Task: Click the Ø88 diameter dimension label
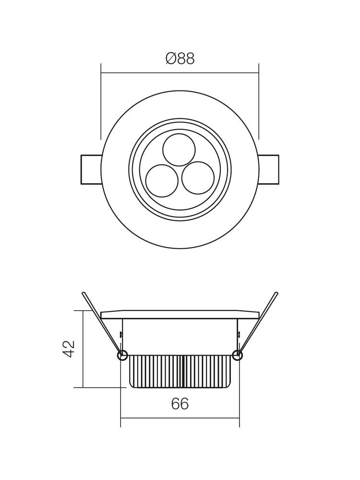tap(180, 59)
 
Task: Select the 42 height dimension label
tap(69, 349)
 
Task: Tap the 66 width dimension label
tap(180, 404)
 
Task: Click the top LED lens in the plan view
tap(179, 150)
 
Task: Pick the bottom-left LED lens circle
tap(162, 181)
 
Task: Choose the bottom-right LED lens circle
tap(198, 178)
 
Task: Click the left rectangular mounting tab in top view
tap(91, 169)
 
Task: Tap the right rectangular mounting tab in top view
tap(268, 169)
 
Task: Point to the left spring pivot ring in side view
tap(122, 355)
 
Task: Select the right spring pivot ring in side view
tap(237, 355)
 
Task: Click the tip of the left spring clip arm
tap(84, 293)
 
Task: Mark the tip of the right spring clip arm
tap(276, 293)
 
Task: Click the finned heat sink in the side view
tap(180, 372)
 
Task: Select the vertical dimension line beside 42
tap(83, 349)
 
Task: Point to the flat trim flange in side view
tap(180, 314)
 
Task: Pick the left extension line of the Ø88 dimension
tap(101, 101)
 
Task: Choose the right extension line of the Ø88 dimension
tap(259, 101)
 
